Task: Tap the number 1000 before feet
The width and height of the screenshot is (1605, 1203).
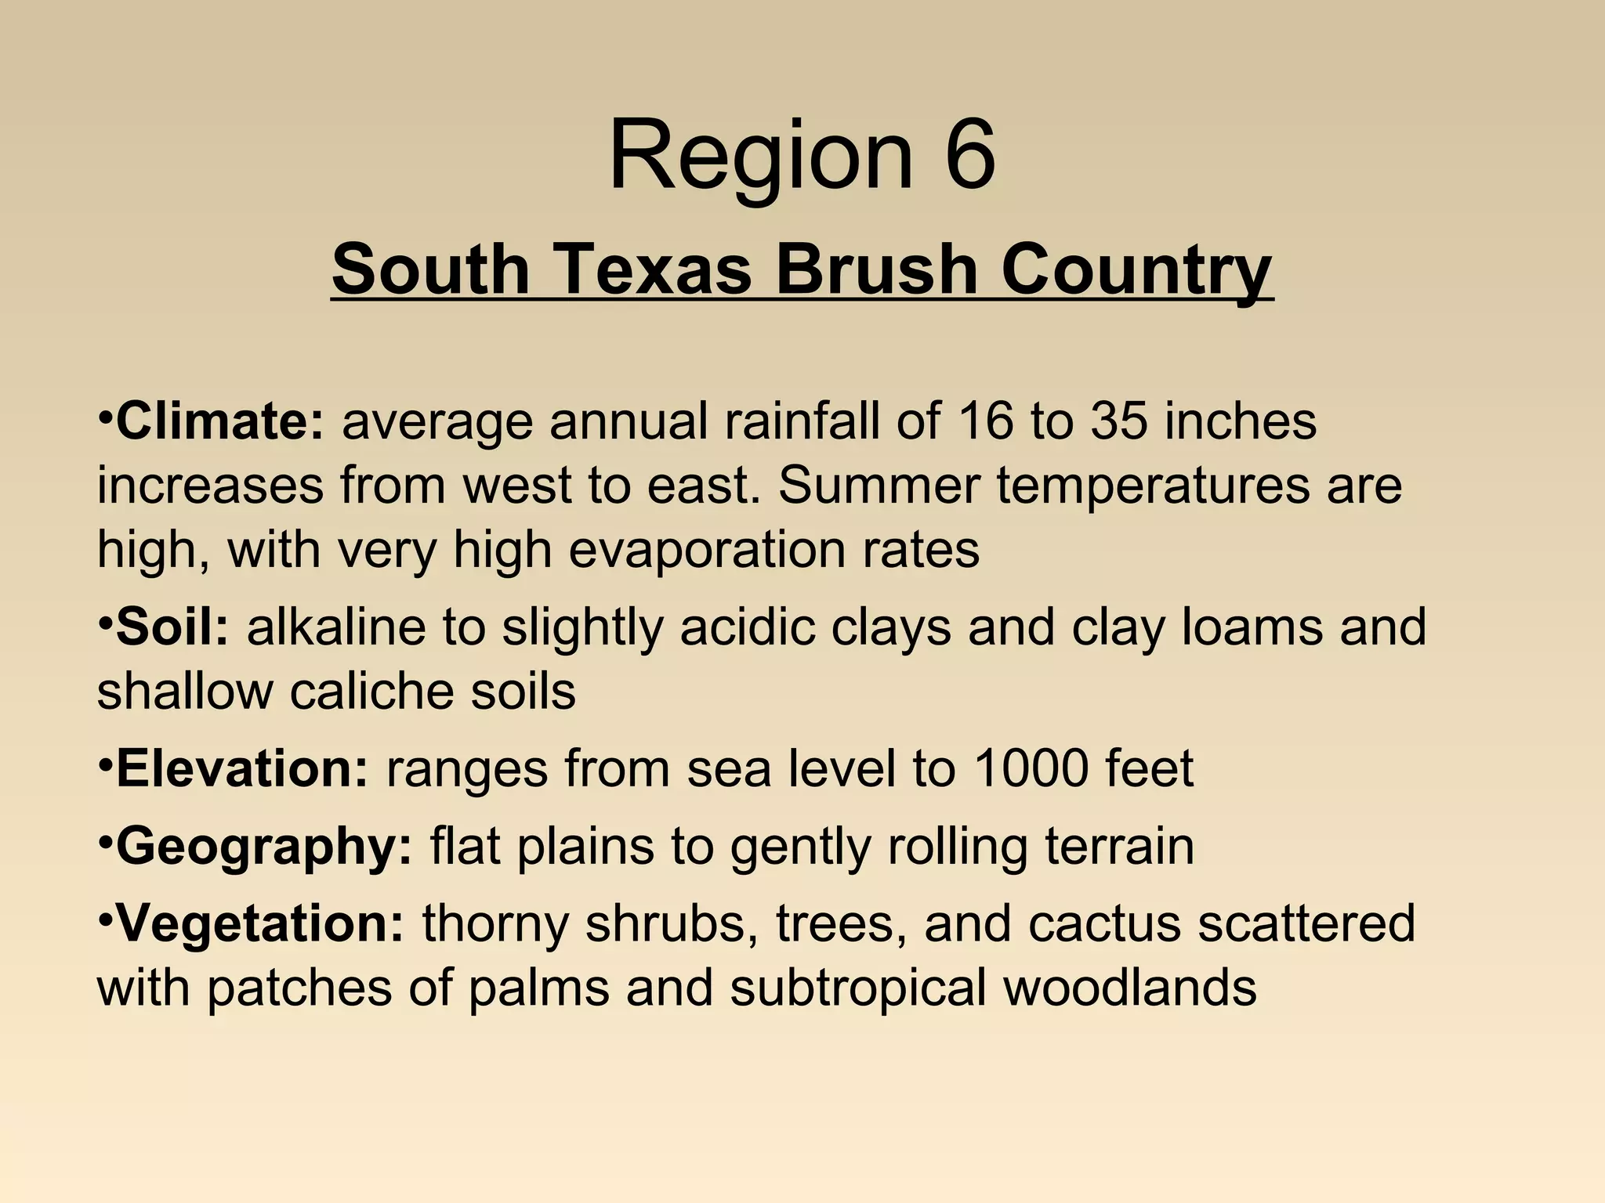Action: [1030, 768]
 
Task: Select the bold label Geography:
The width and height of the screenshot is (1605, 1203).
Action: [263, 847]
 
